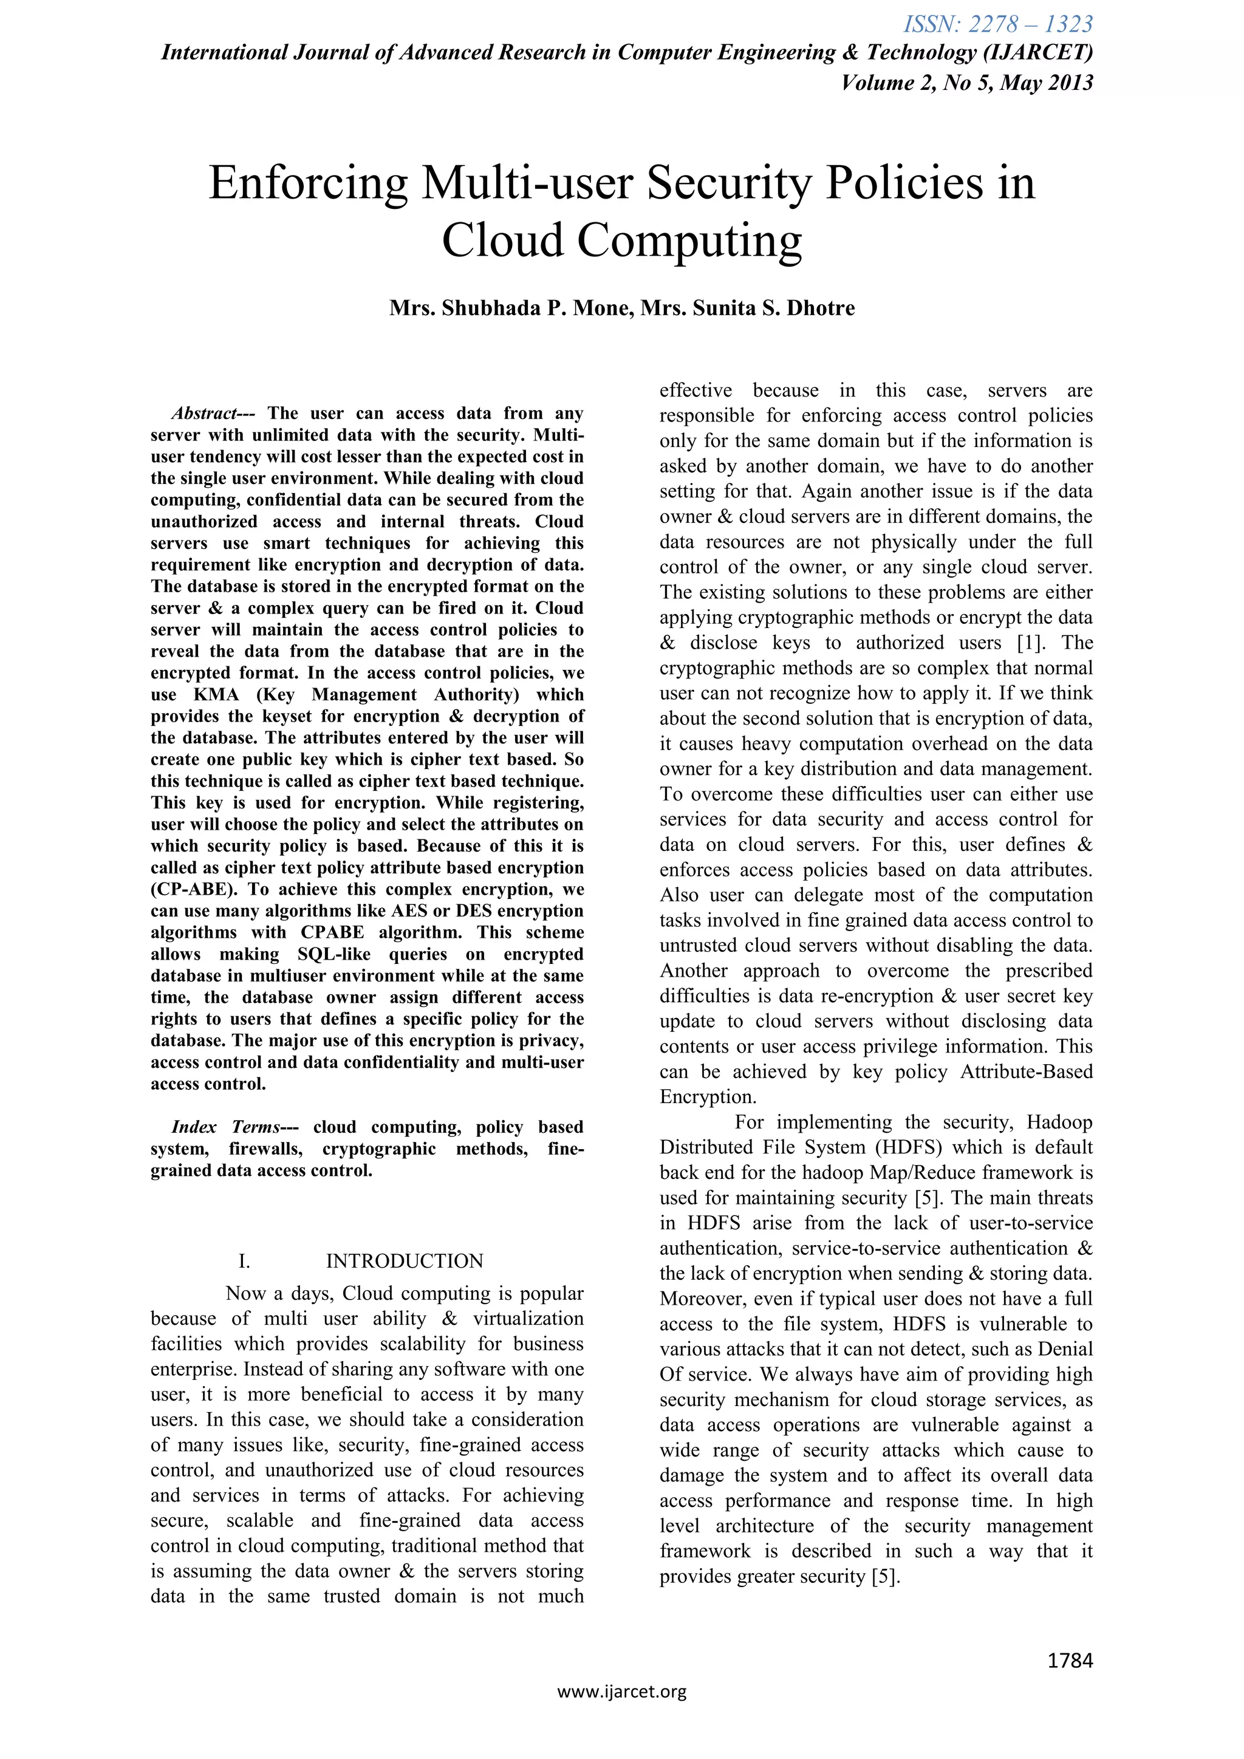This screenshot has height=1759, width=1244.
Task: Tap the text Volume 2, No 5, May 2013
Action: pyautogui.click(x=966, y=83)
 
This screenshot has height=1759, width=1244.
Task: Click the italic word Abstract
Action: pyautogui.click(x=203, y=414)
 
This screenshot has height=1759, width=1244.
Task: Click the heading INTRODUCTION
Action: pyautogui.click(x=405, y=1261)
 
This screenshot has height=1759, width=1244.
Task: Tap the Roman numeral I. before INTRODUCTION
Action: pyautogui.click(x=244, y=1261)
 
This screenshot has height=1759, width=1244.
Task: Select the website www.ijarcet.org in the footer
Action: pyautogui.click(x=621, y=1712)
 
